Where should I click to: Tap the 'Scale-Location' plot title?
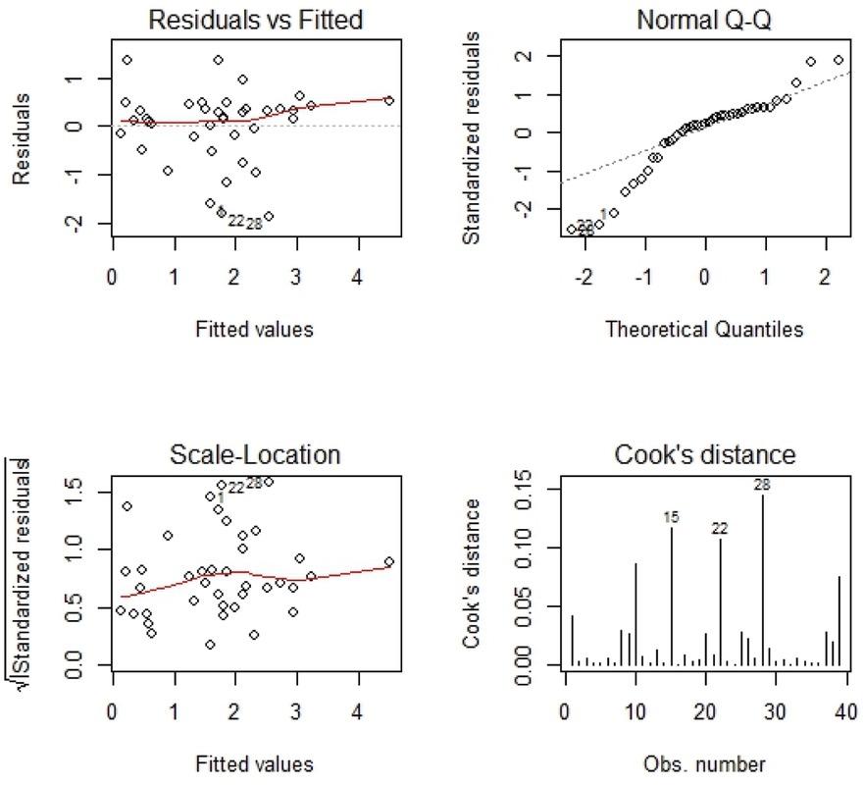254,455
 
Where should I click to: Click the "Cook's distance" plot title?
703,455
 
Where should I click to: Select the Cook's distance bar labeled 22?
721,602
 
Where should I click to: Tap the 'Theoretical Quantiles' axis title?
703,330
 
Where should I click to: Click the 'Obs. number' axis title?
703,764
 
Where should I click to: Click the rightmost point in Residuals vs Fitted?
388,100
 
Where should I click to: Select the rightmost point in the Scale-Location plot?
388,561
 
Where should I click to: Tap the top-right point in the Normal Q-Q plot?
839,60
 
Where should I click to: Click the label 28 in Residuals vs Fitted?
254,223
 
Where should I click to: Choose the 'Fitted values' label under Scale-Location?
254,764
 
